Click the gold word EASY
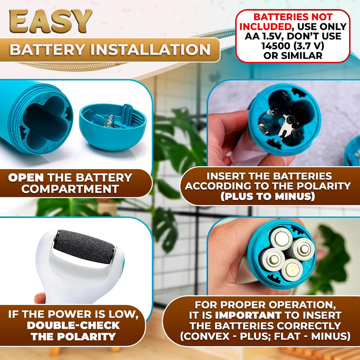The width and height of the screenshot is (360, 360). pyautogui.click(x=51, y=21)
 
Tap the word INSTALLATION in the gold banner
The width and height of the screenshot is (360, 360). pyautogui.click(x=150, y=49)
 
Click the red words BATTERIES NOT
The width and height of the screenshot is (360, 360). pyautogui.click(x=293, y=17)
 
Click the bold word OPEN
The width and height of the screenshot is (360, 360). pyautogui.click(x=26, y=178)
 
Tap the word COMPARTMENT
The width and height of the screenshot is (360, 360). pyautogui.click(x=70, y=189)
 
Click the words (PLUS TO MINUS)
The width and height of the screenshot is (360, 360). pyautogui.click(x=268, y=197)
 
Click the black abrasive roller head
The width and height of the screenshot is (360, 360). pyautogui.click(x=84, y=246)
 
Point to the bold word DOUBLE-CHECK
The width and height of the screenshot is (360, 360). pyautogui.click(x=73, y=325)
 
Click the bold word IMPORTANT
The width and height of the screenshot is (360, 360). pyautogui.click(x=248, y=315)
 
